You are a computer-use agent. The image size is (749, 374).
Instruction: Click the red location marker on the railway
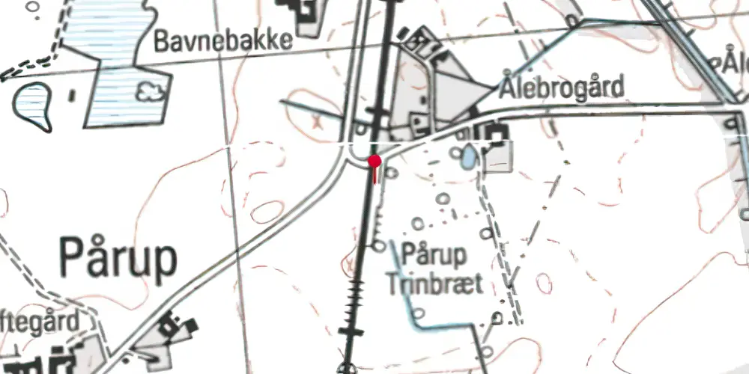click(x=374, y=161)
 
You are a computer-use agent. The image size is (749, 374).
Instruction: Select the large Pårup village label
click(x=118, y=258)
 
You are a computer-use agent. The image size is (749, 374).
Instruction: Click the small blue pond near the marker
click(x=468, y=156)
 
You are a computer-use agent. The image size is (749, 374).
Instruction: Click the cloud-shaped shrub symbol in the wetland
click(x=151, y=91)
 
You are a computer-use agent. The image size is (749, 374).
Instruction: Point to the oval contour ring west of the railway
click(x=267, y=212)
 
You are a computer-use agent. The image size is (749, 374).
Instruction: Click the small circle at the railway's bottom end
click(x=345, y=367)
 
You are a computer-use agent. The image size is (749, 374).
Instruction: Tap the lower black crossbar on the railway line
click(x=350, y=330)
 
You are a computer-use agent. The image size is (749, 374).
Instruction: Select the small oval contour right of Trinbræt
click(x=545, y=283)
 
